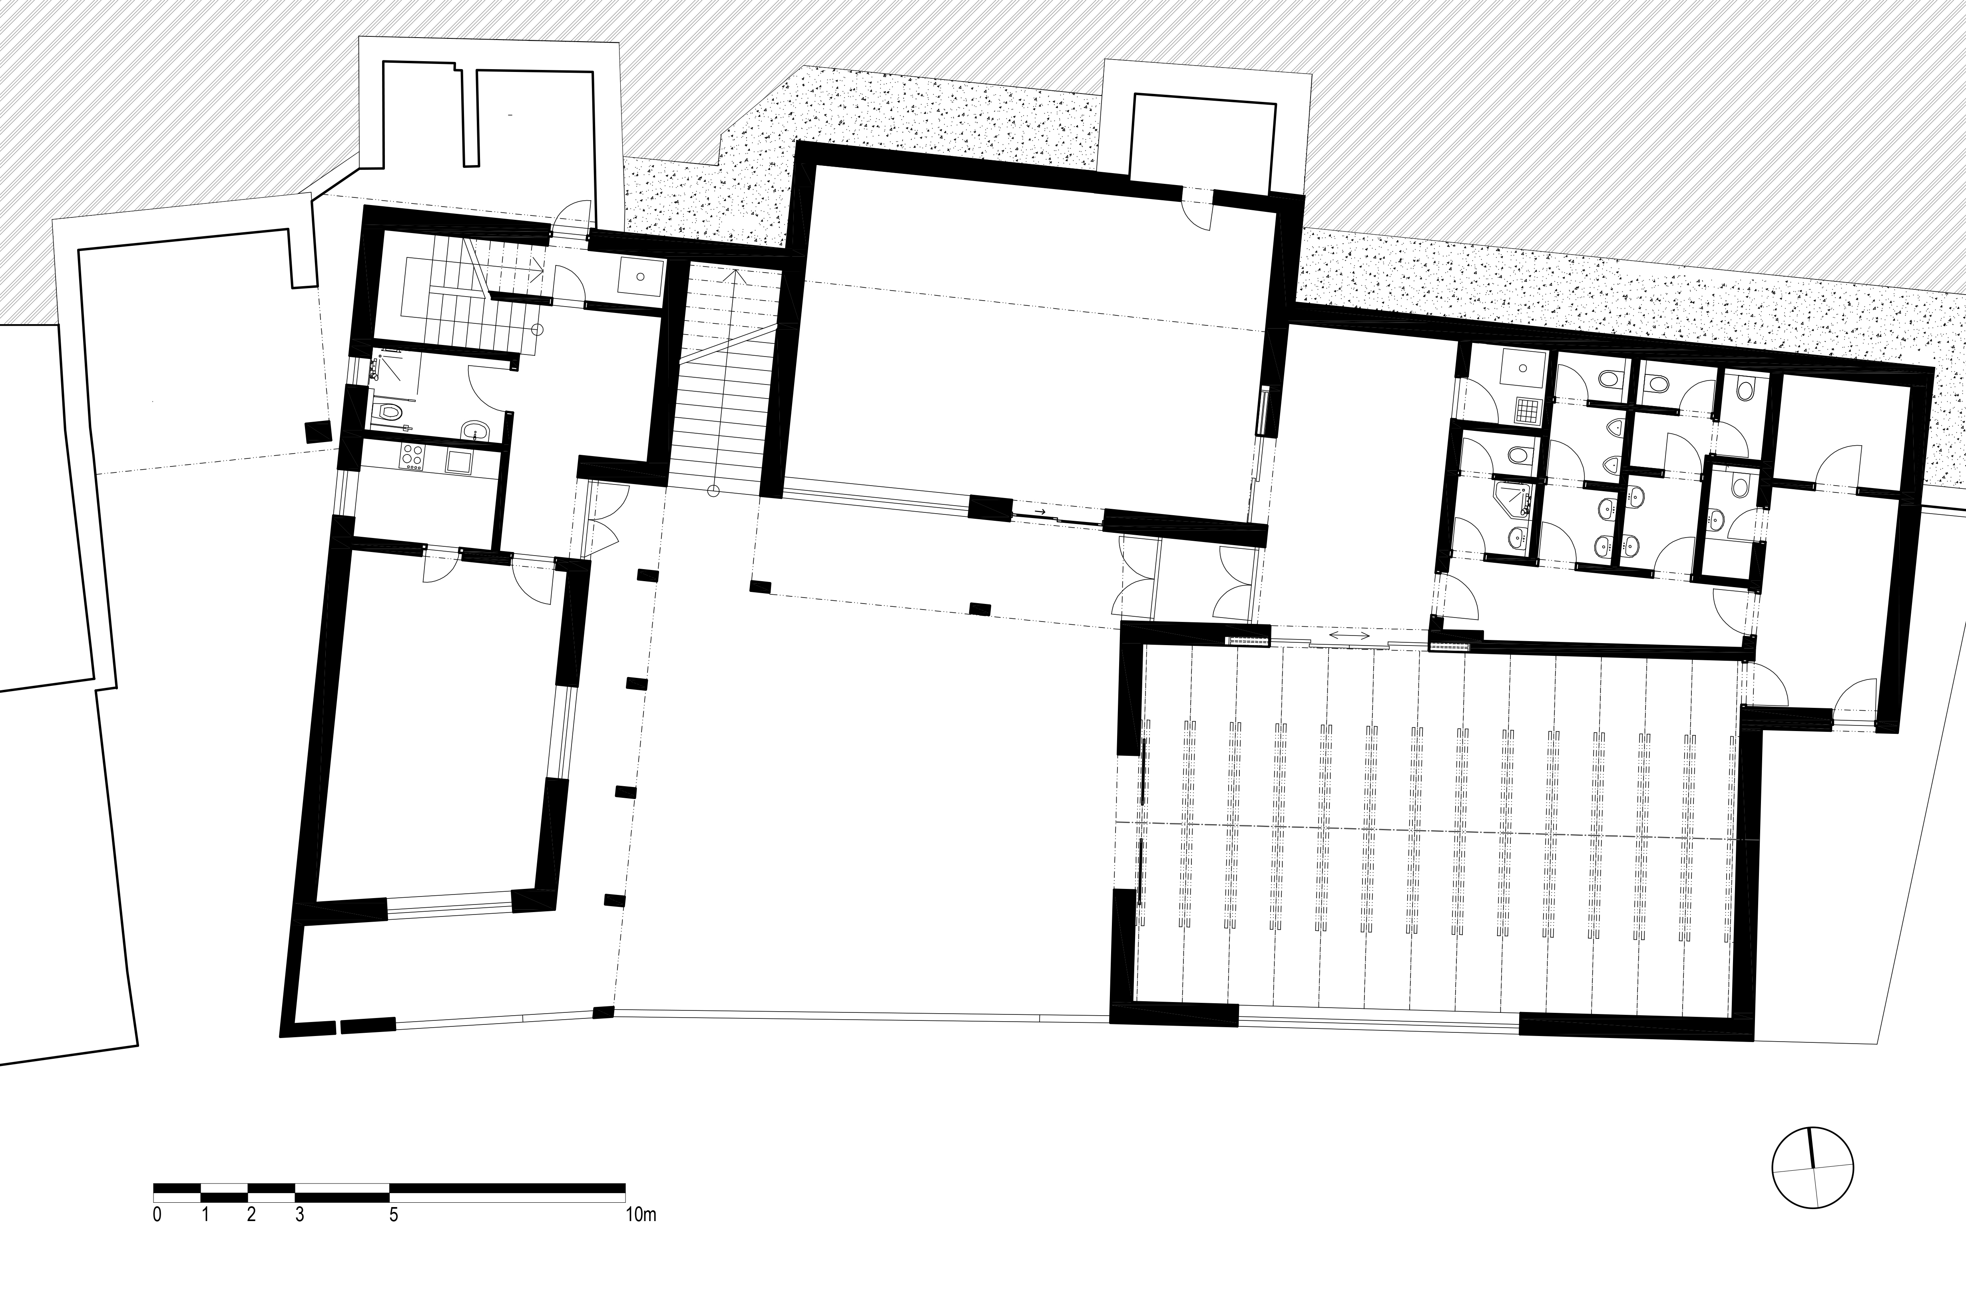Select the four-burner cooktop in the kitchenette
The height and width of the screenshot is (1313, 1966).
412,459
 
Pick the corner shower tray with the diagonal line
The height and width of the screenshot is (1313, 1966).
1514,501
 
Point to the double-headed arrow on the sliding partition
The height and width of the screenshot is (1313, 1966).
1350,636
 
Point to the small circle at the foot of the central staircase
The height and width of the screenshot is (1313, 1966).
713,491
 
